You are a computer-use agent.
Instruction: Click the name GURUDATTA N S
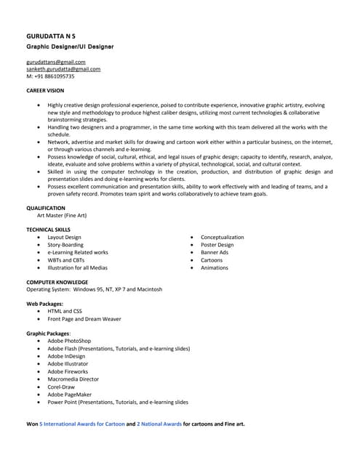(x=50, y=36)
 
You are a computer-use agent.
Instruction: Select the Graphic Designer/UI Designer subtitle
(x=70, y=46)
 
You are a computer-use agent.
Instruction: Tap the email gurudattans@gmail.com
(x=56, y=62)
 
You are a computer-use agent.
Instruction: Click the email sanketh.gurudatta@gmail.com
(x=63, y=69)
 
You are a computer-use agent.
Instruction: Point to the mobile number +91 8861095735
(x=50, y=76)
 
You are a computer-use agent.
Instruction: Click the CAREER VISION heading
(x=45, y=91)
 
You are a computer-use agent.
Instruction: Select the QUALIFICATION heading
(x=46, y=208)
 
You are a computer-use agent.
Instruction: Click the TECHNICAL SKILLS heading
(x=49, y=230)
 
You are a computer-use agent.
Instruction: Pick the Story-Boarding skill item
(x=65, y=245)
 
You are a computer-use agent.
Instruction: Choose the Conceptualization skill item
(x=223, y=238)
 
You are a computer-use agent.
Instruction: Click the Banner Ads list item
(x=215, y=252)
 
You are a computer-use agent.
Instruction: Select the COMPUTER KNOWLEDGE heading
(x=57, y=282)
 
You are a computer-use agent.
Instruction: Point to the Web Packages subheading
(x=44, y=303)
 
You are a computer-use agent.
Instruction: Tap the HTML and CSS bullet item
(x=65, y=311)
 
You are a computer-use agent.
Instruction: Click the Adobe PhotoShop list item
(x=69, y=340)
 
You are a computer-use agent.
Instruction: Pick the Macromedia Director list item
(x=73, y=379)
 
